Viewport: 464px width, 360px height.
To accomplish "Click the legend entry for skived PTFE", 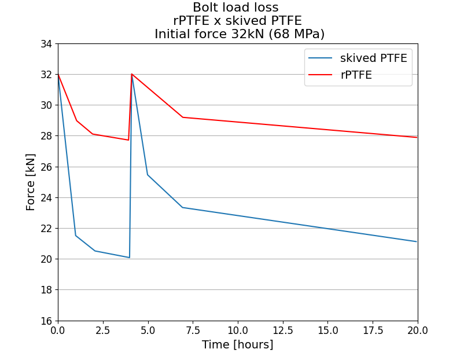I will tap(373, 58).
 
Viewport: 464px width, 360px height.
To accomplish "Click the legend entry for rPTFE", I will tap(356, 75).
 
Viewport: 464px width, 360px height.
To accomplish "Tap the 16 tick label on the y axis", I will tap(46, 321).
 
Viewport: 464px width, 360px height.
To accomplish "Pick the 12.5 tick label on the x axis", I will tap(282, 330).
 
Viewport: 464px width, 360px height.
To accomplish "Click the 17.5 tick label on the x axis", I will tap(373, 330).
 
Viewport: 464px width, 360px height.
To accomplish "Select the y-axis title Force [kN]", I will tap(31, 182).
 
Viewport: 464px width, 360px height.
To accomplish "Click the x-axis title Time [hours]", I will tap(237, 345).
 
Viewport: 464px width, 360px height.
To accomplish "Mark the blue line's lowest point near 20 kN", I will tap(129, 258).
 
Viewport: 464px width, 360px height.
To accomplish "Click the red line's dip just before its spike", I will tap(128, 140).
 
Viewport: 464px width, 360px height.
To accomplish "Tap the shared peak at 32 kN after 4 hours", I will tap(132, 74).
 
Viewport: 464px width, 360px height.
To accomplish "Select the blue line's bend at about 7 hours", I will tap(183, 207).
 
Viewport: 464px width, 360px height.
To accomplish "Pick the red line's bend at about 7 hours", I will tap(183, 117).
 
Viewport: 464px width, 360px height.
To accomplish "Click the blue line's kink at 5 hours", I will tap(148, 175).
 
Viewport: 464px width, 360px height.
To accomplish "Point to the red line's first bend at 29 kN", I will tap(76, 120).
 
